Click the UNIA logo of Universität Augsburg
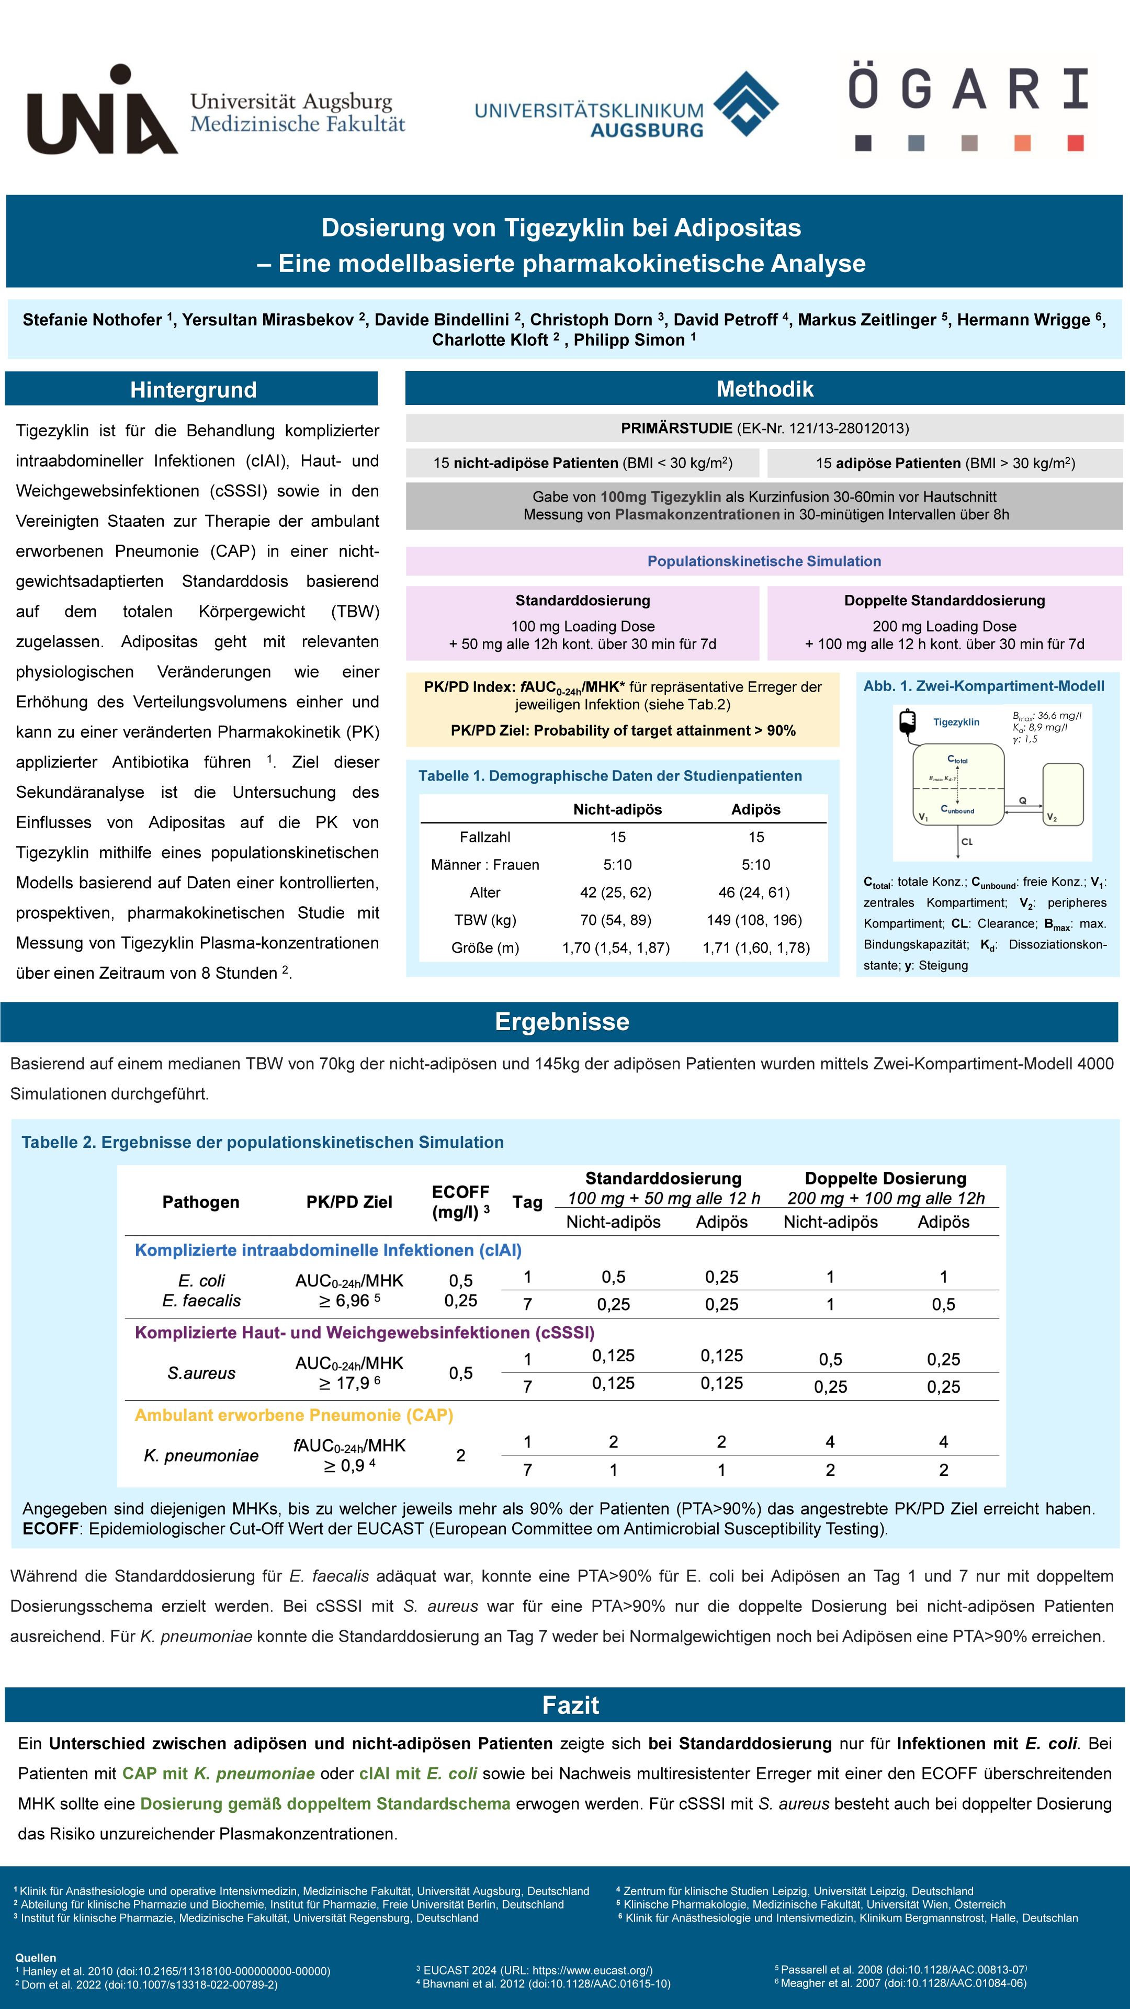tap(101, 111)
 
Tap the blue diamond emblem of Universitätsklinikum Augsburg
tap(745, 103)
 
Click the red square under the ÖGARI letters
tap(1076, 143)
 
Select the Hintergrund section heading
tap(193, 389)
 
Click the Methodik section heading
tap(764, 388)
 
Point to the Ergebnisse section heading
tap(561, 1022)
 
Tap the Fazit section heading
tap(570, 1705)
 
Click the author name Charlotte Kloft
tap(490, 340)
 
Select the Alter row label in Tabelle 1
tap(484, 892)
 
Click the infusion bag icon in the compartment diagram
tap(907, 722)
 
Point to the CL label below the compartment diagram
tap(967, 841)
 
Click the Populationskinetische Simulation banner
tap(763, 561)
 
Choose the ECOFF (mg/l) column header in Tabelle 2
tap(461, 1202)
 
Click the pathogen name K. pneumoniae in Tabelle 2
tap(201, 1455)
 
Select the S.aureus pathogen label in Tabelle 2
tap(201, 1373)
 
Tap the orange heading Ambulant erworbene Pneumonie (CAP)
tap(294, 1415)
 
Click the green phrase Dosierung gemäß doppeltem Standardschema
tap(325, 1804)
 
